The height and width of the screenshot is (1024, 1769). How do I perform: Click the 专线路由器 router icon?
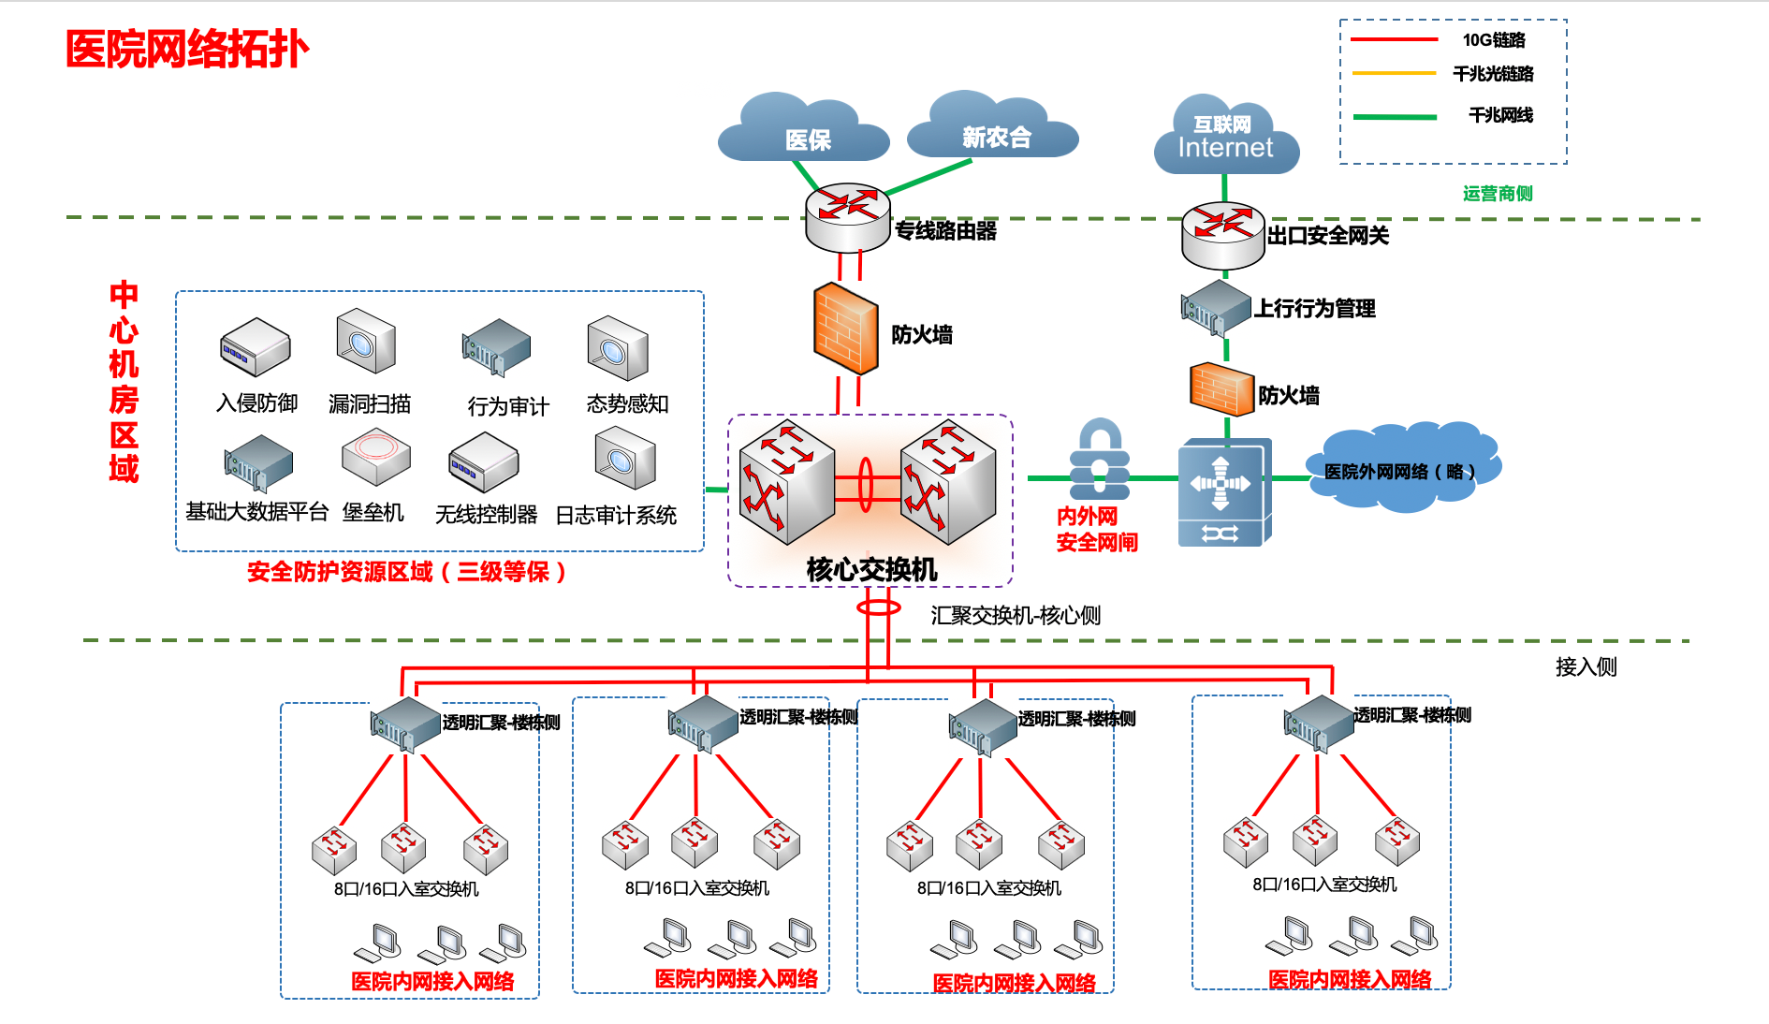click(847, 216)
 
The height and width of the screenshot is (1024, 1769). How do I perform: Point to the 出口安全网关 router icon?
click(1223, 234)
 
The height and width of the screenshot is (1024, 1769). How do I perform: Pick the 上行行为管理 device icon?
click(1215, 307)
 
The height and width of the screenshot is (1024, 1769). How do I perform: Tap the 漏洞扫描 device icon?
click(366, 341)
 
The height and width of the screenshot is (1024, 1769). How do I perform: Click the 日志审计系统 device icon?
click(624, 458)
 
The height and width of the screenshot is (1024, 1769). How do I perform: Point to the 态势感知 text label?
click(627, 403)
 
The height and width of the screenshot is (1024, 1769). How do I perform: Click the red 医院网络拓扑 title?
click(187, 49)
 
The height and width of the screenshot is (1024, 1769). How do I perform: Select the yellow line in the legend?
click(1394, 73)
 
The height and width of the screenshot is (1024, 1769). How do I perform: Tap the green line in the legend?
click(1394, 117)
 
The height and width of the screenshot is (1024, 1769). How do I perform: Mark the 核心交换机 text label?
click(871, 569)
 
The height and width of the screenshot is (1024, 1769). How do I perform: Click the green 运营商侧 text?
click(1498, 194)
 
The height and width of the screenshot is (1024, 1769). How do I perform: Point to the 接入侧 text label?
click(1586, 666)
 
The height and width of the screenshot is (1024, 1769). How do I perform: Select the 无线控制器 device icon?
click(483, 461)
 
